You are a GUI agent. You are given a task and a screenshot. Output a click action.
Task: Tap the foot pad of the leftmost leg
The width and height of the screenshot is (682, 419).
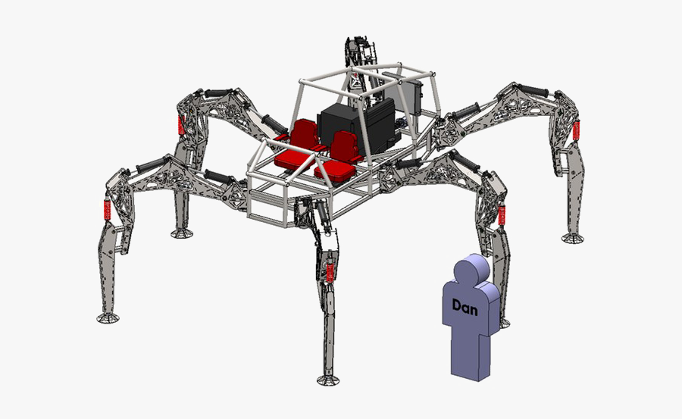(108, 316)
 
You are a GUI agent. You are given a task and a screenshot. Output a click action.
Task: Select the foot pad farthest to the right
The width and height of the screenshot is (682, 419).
(573, 238)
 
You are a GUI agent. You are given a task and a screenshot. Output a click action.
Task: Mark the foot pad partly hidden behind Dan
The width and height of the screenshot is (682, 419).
(501, 323)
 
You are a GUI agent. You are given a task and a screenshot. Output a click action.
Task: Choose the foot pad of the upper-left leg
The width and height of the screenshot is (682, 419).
(181, 233)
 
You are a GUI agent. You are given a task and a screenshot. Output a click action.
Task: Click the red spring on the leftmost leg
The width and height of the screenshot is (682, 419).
(107, 211)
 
